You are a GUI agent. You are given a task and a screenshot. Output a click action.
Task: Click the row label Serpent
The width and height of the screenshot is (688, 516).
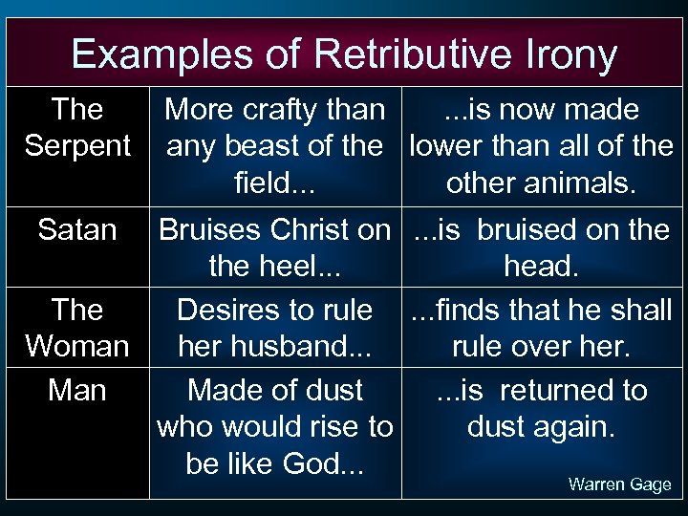[x=78, y=146]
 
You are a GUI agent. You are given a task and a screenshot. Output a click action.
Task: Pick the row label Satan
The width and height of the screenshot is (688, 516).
[x=77, y=229]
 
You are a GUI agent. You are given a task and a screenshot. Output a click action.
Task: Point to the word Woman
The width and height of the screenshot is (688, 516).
[x=77, y=345]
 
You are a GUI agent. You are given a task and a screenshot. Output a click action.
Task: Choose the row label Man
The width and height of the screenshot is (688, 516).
[x=77, y=390]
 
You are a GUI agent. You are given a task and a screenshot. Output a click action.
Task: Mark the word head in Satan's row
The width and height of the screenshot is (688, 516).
[x=540, y=266]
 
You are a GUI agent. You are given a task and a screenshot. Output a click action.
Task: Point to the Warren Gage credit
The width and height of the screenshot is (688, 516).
[x=619, y=484]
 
